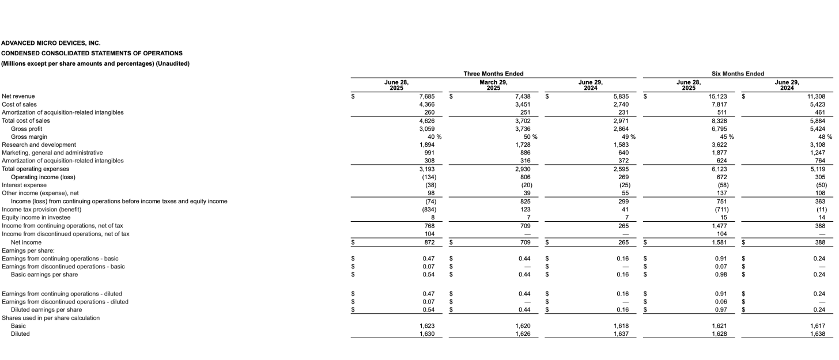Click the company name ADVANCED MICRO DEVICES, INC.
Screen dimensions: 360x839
51,43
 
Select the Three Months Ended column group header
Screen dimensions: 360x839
493,74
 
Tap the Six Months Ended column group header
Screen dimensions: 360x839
738,74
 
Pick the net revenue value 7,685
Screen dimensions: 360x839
426,96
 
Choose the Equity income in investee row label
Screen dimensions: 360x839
35,218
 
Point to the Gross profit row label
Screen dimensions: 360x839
27,128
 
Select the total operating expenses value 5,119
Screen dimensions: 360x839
818,169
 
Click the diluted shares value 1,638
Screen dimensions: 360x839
818,334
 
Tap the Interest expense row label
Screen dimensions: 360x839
23,185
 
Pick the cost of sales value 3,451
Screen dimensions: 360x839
523,104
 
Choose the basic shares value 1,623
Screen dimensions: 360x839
426,325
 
